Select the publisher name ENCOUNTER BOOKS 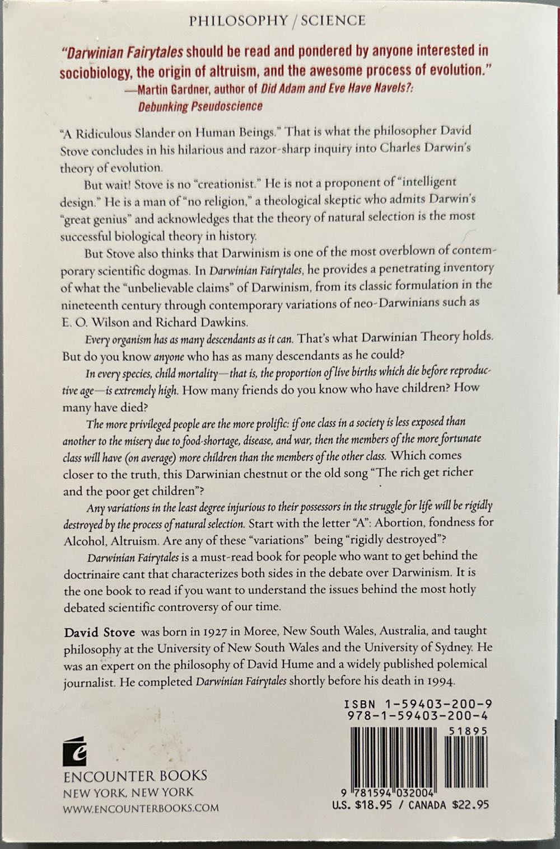[x=135, y=776]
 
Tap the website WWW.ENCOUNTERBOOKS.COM [x=141, y=808]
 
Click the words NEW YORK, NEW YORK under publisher [x=128, y=793]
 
